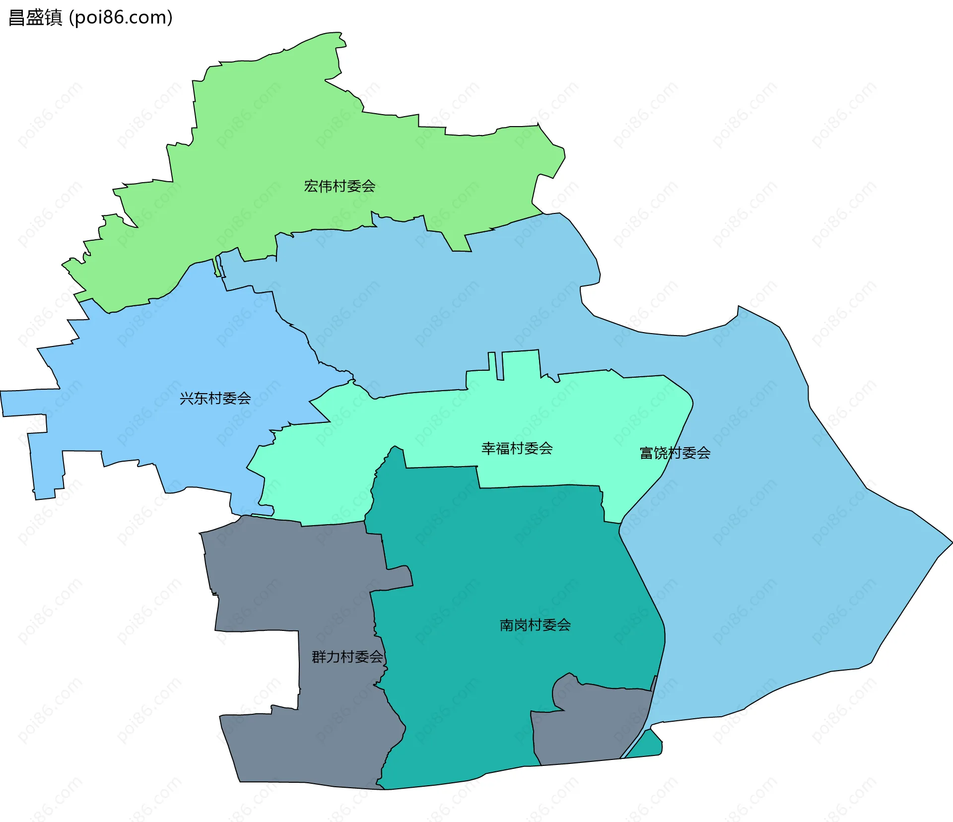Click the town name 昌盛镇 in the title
(x=35, y=17)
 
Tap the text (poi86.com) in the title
(x=121, y=17)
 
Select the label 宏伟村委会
(x=340, y=186)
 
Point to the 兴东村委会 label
(x=215, y=398)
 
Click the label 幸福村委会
(x=517, y=448)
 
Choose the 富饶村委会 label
(x=675, y=453)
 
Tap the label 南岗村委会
(x=535, y=624)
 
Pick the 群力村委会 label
(x=347, y=657)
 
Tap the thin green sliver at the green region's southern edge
(x=217, y=267)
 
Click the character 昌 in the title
(x=17, y=17)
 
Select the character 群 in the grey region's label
(x=319, y=657)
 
